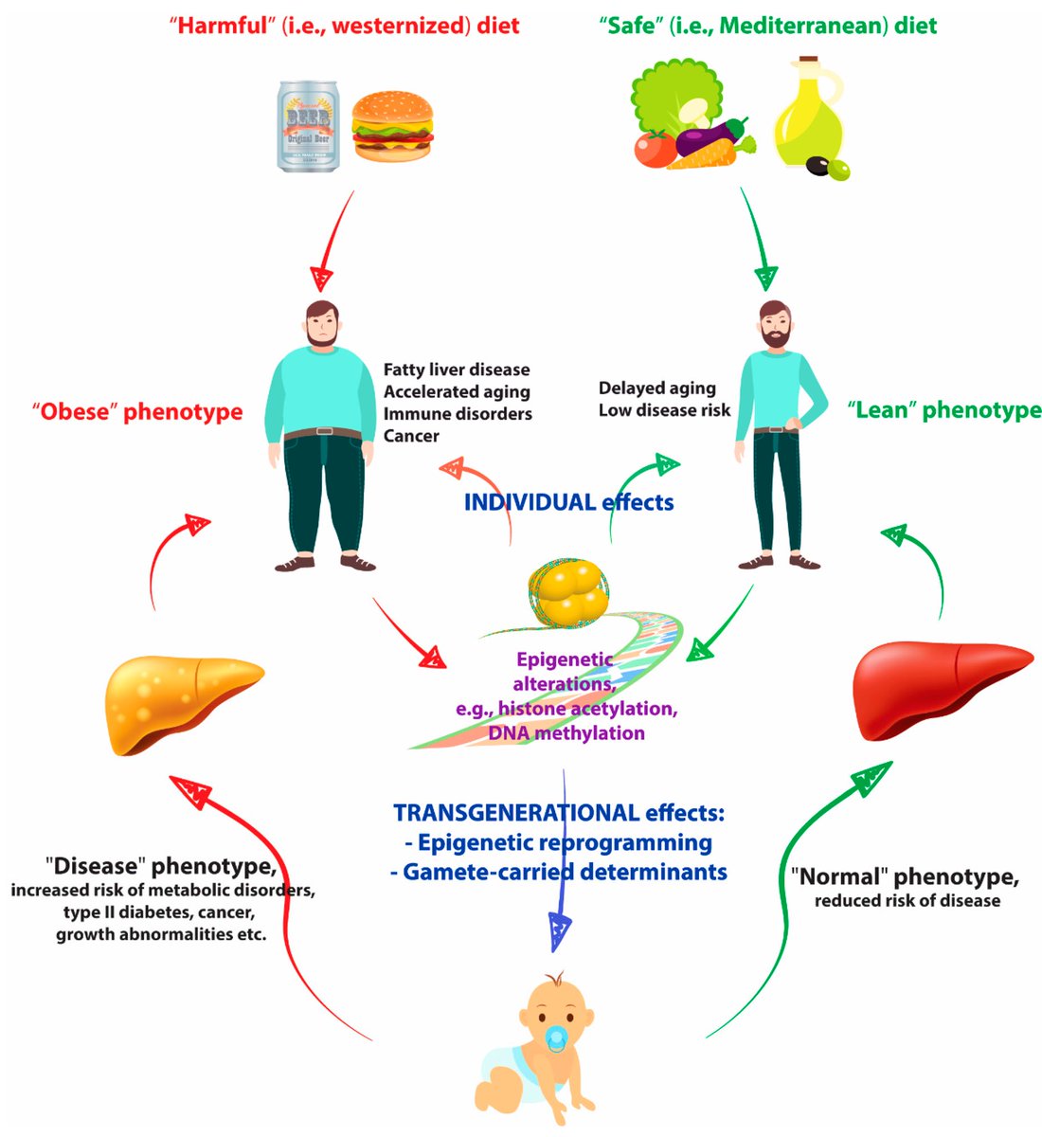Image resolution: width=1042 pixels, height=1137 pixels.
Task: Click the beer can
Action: tap(308, 126)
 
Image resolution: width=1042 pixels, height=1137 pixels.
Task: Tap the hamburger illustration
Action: tap(391, 130)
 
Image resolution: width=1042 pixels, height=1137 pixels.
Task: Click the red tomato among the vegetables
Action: tap(655, 150)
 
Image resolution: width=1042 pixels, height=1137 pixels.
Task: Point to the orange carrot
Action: tap(706, 155)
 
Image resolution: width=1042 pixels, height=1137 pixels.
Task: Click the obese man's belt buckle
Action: tap(324, 432)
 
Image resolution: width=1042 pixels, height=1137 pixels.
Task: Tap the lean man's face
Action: tap(776, 328)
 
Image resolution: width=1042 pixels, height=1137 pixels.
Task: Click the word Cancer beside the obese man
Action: tap(411, 436)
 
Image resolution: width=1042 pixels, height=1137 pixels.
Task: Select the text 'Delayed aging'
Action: tap(656, 388)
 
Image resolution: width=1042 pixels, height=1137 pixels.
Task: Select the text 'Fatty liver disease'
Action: tap(457, 370)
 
